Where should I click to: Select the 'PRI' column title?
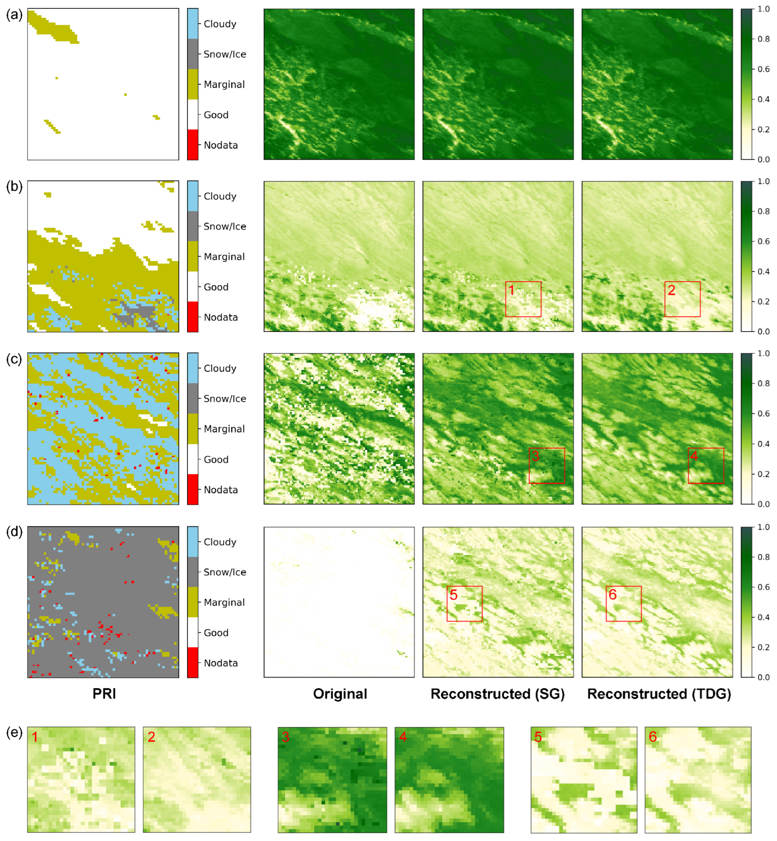click(x=104, y=694)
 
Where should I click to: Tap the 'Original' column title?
click(x=340, y=694)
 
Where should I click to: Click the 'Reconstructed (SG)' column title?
click(x=497, y=694)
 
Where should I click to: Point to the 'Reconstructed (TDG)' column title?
click(x=659, y=694)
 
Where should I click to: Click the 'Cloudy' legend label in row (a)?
click(x=220, y=24)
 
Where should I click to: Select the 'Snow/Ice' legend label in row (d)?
click(x=225, y=572)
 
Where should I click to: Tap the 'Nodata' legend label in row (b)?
click(x=221, y=317)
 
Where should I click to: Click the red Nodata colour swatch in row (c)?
click(x=193, y=489)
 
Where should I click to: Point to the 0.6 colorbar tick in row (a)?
click(x=763, y=69)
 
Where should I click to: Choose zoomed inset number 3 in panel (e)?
click(x=332, y=779)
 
